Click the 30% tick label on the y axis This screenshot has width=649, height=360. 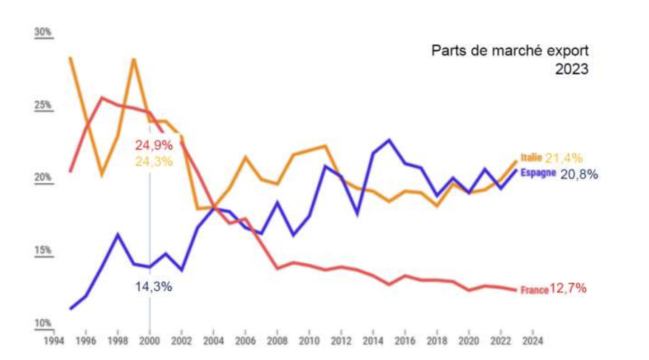pos(43,33)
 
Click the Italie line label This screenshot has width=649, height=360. pos(531,158)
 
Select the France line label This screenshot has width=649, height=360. pos(534,290)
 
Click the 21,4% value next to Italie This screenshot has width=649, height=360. pos(564,158)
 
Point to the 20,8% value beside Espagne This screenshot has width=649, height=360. pos(579,174)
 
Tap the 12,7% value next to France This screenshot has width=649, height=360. pos(568,289)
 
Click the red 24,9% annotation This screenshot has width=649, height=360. pos(154,146)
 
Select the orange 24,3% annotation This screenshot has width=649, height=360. pos(154,161)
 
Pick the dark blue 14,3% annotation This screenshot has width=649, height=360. pos(154,286)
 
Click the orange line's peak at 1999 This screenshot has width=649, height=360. pos(133,59)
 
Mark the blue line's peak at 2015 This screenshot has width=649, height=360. pos(389,140)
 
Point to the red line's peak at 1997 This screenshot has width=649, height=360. pos(102,98)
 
